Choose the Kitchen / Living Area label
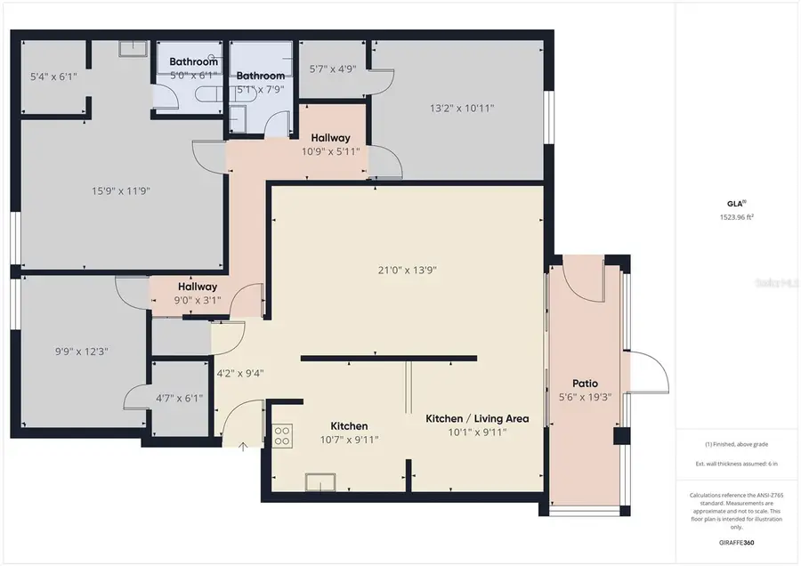coord(477,418)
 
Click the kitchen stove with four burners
coord(281,435)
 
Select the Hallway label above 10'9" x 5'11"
coord(330,138)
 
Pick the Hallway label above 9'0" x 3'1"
coord(197,287)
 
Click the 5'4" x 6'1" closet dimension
coord(53,77)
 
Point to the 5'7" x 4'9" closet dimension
coord(333,68)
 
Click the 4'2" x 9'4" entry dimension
coord(240,373)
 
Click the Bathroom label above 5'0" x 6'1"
coord(194,61)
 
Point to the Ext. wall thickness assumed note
coord(737,465)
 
